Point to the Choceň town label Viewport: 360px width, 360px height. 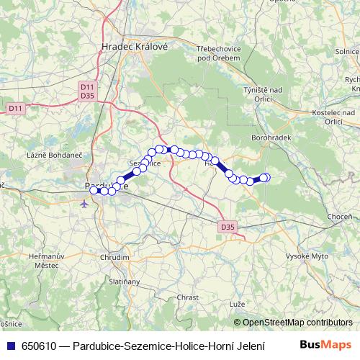338,217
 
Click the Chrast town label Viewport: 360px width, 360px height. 187,297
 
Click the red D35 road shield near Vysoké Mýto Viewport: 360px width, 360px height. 228,228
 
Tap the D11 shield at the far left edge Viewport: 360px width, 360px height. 15,108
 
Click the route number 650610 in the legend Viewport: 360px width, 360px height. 39,346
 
